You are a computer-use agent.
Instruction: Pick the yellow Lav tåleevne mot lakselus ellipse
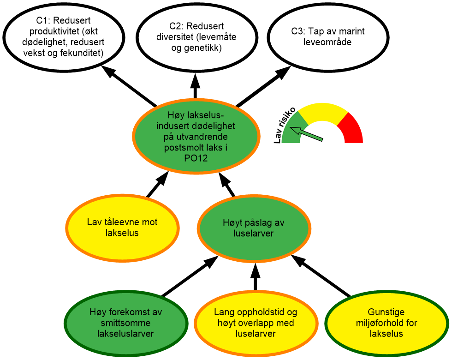[x=122, y=228]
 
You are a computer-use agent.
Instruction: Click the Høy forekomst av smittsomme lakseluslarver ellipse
[x=125, y=323]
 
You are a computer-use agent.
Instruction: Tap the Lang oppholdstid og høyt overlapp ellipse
[x=255, y=323]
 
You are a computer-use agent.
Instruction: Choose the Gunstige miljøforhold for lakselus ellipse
[x=387, y=323]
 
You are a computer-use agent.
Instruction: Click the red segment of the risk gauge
[x=351, y=129]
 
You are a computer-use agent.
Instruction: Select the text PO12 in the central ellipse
[x=196, y=158]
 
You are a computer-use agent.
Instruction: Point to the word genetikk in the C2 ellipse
[x=202, y=48]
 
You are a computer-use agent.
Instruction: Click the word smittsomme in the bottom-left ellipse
[x=125, y=323]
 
